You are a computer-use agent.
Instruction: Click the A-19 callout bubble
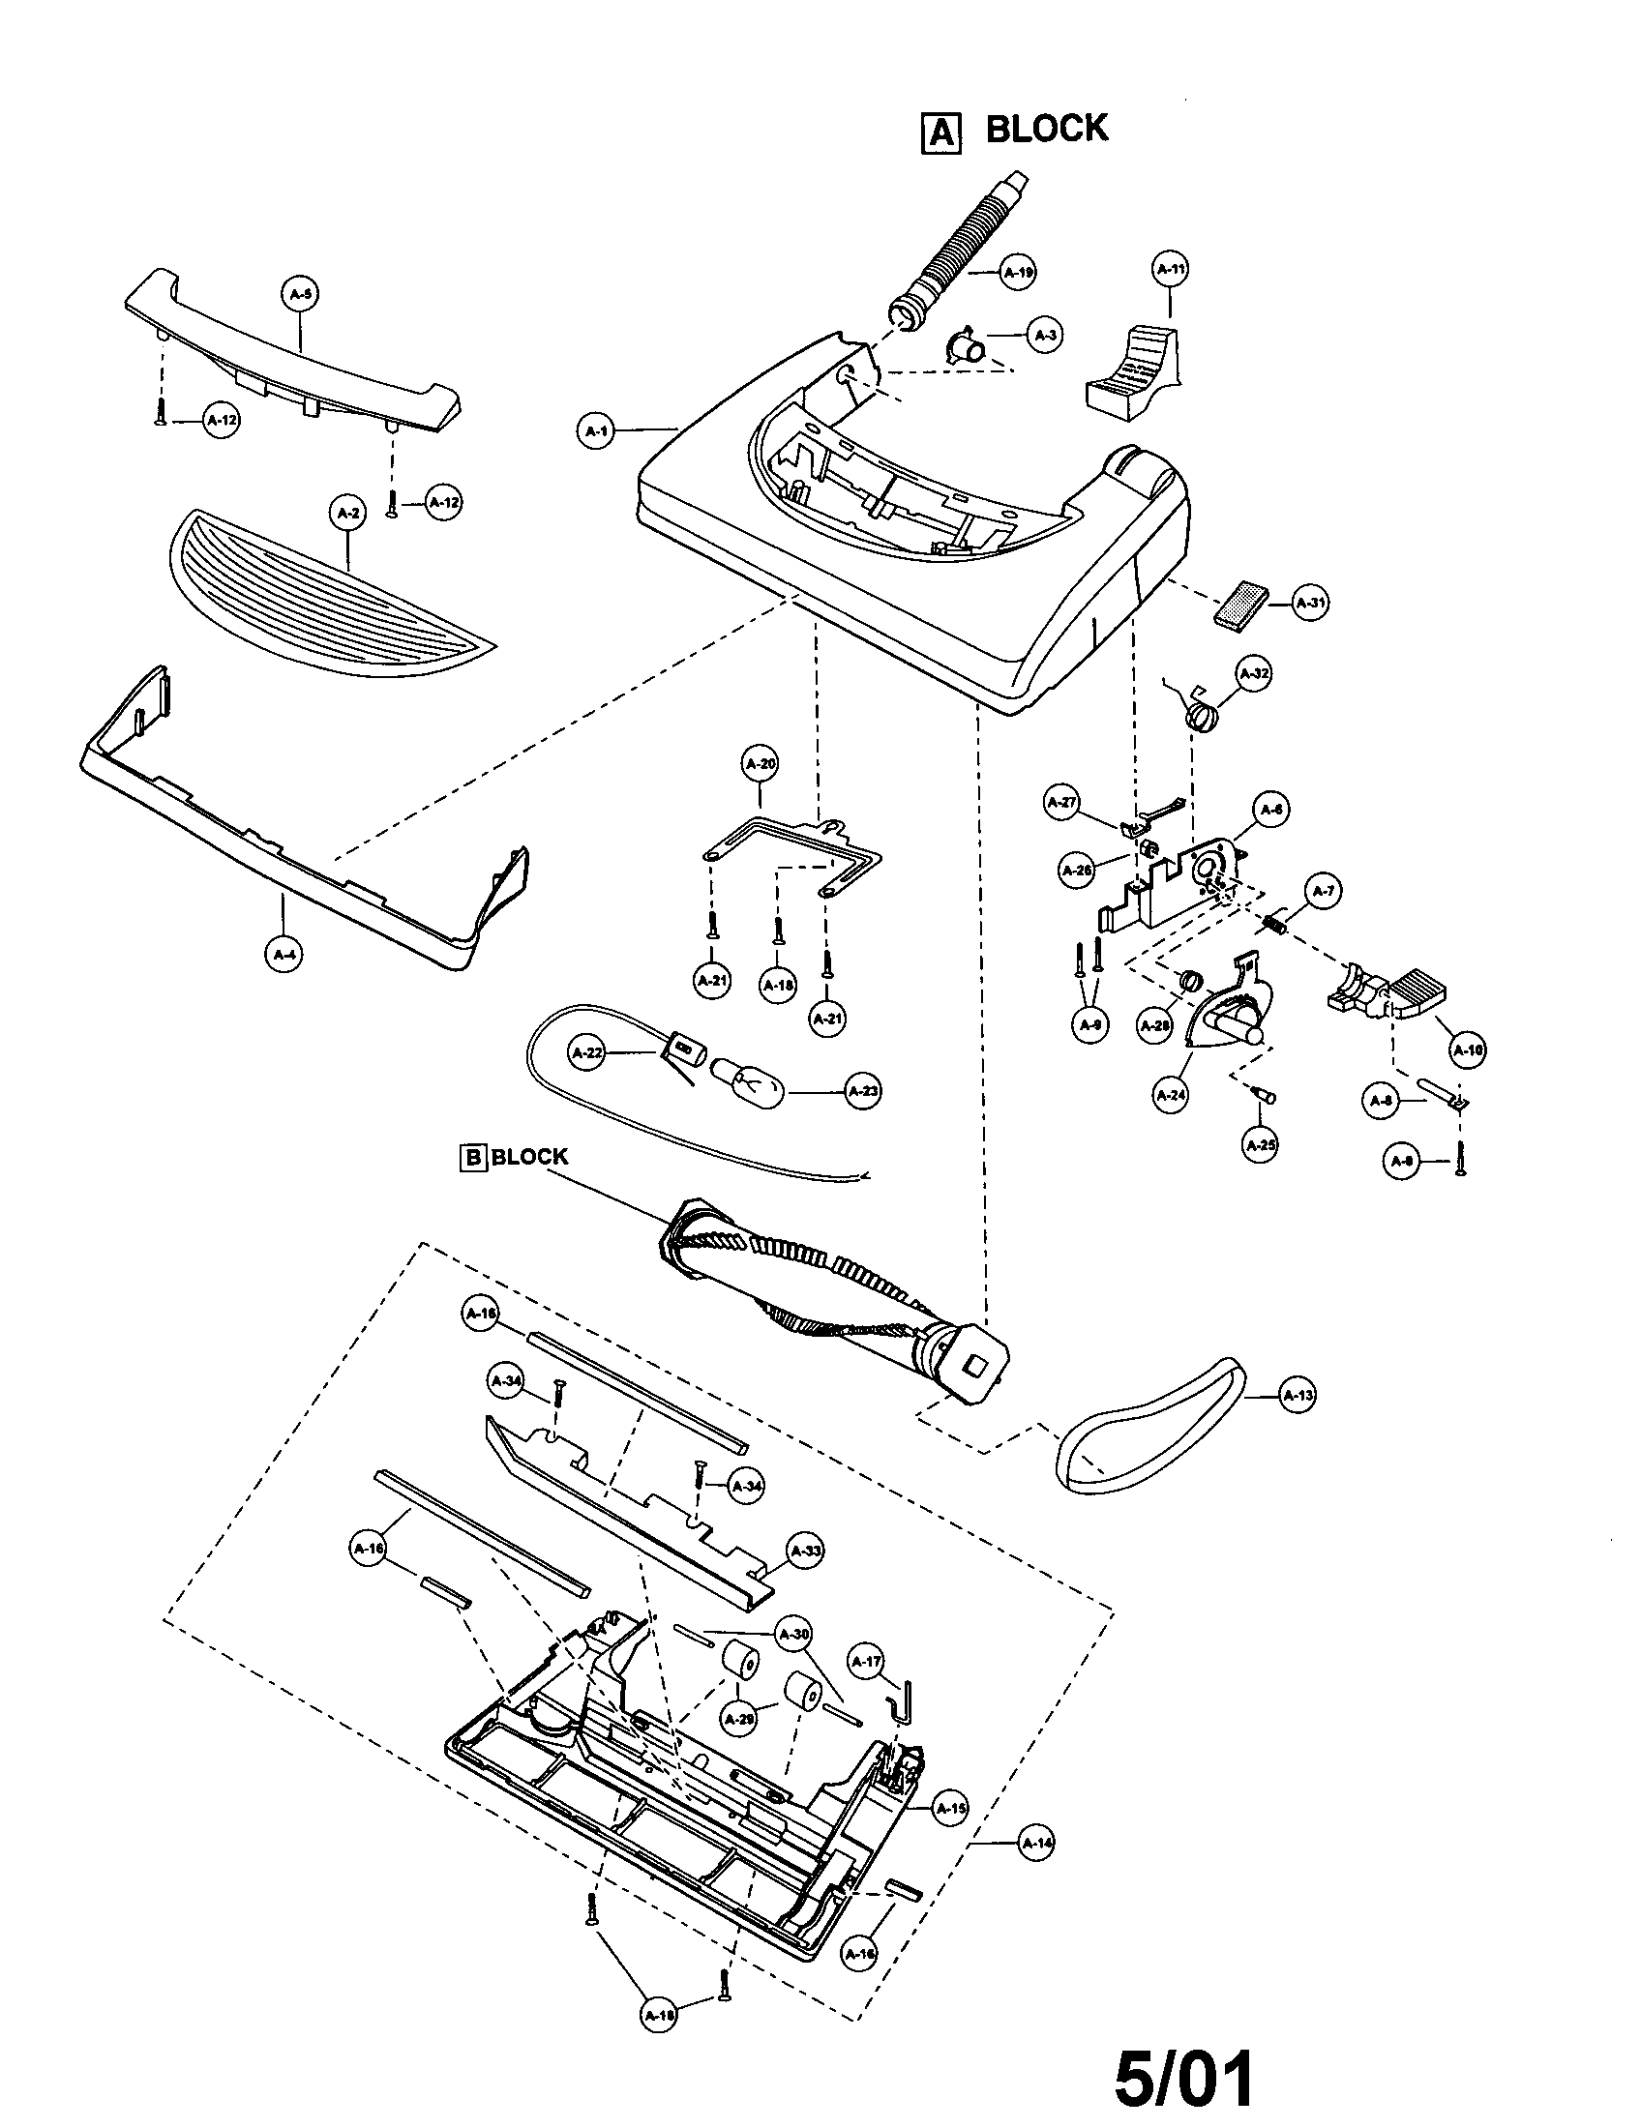tap(1018, 273)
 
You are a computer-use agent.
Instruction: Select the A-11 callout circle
tap(1171, 269)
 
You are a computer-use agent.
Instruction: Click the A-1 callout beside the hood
tap(596, 429)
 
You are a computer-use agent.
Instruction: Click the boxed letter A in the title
tap(940, 132)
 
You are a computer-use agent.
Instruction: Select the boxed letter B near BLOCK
tap(472, 1158)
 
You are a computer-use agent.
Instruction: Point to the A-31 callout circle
tap(1311, 604)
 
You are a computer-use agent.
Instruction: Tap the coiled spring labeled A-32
tap(1203, 717)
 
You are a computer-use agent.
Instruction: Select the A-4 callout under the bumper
tap(283, 955)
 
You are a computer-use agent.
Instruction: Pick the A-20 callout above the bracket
tap(761, 765)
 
